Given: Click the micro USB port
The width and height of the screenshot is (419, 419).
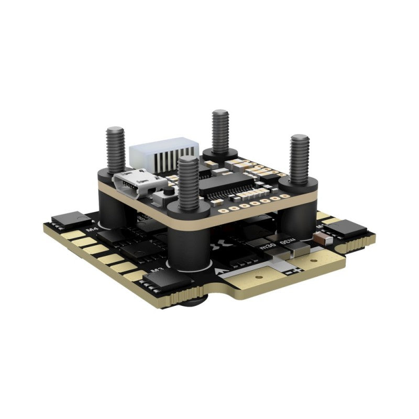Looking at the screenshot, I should tap(138, 184).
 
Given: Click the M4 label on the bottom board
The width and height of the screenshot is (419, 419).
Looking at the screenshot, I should tap(92, 229).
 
